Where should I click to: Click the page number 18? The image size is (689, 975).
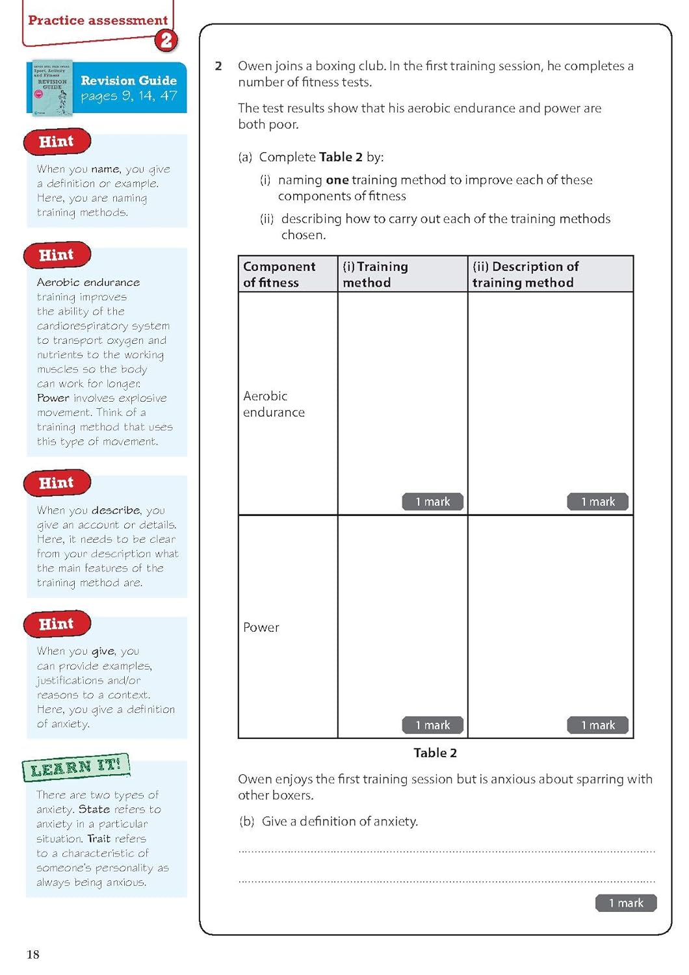[33, 954]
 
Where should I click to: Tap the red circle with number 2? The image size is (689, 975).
[166, 40]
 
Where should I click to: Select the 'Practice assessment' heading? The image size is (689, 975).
[98, 20]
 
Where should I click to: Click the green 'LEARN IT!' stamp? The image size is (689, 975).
[75, 767]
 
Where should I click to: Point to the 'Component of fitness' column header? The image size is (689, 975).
[279, 274]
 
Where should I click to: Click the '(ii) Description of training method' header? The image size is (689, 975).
[525, 274]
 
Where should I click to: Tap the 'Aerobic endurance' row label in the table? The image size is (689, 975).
[274, 404]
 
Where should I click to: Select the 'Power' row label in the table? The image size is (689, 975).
[261, 627]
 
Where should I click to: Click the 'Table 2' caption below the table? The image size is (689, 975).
[435, 753]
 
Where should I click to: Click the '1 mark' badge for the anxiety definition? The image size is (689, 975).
[625, 903]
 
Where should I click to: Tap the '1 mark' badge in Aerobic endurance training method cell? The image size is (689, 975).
[432, 502]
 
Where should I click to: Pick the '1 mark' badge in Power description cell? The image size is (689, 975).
[597, 725]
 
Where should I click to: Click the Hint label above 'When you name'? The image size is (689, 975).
[57, 142]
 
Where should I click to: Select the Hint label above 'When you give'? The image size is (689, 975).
[57, 624]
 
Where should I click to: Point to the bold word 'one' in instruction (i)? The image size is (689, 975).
[337, 180]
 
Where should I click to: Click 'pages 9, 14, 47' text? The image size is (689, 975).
[129, 96]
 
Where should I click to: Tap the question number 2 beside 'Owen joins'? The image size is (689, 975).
[218, 66]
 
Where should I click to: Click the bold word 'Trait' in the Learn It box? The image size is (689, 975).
[99, 838]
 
